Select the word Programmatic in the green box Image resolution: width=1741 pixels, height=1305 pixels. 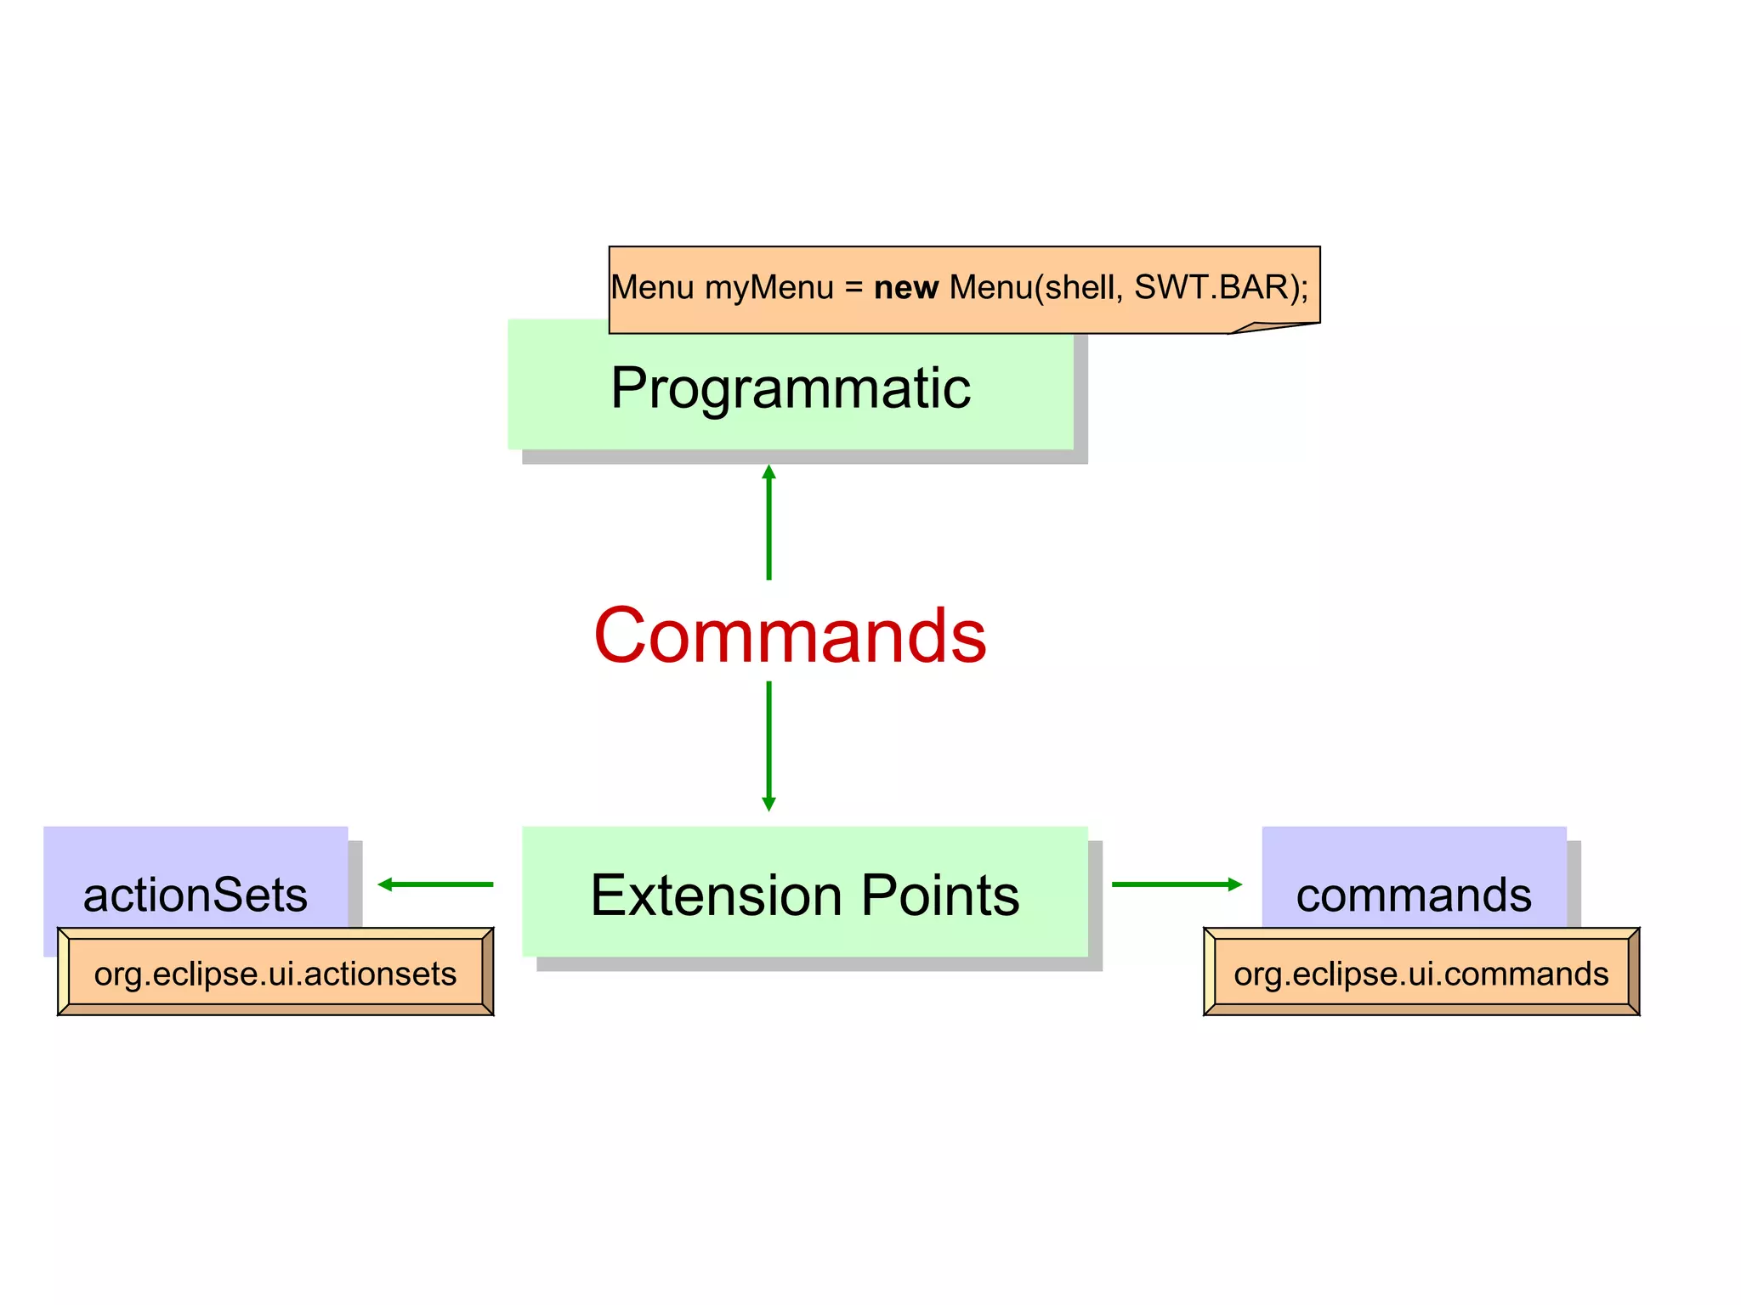(790, 389)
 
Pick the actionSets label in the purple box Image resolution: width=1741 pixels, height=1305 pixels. (195, 895)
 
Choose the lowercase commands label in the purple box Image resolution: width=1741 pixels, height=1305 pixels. (1413, 895)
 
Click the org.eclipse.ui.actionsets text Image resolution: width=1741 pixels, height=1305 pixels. (275, 974)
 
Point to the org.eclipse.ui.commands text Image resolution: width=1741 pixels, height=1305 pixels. (1421, 974)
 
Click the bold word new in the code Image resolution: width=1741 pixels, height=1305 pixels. (905, 288)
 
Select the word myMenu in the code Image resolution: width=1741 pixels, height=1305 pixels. (769, 288)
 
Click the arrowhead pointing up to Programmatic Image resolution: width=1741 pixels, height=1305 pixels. (768, 472)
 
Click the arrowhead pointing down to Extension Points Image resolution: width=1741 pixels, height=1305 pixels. (768, 804)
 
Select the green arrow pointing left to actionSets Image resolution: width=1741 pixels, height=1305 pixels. (435, 884)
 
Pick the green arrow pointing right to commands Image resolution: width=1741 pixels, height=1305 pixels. (1177, 884)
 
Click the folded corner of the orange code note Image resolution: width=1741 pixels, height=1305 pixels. (1267, 328)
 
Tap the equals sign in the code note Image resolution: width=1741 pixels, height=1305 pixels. (853, 289)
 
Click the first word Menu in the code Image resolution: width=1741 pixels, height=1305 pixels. (652, 288)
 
